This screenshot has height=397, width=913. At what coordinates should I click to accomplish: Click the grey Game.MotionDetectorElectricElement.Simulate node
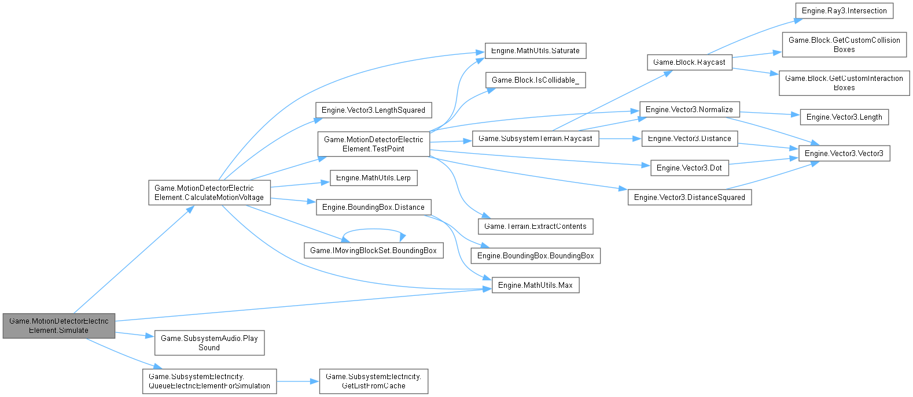[x=59, y=326]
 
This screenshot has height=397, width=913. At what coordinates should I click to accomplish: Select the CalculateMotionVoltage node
[x=209, y=192]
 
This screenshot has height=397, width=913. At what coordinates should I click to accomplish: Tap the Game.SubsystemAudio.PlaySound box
[x=209, y=343]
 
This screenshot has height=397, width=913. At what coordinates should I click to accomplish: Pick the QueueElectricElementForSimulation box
[x=209, y=381]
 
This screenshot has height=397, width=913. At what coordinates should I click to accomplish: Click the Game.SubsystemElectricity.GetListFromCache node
[x=373, y=381]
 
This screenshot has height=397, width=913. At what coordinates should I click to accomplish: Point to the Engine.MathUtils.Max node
[x=535, y=285]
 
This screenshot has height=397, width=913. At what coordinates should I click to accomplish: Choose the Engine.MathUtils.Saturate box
[x=535, y=50]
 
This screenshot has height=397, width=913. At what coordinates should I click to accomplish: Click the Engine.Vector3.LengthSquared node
[x=373, y=110]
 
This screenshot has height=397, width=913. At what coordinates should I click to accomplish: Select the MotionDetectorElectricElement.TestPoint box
[x=373, y=144]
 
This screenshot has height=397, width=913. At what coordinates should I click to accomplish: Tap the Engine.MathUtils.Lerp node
[x=373, y=177]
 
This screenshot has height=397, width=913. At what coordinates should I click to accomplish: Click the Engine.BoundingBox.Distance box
[x=373, y=207]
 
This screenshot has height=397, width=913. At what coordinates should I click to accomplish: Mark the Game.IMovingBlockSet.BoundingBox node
[x=373, y=250]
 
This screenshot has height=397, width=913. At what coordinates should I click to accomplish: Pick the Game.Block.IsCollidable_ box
[x=535, y=80]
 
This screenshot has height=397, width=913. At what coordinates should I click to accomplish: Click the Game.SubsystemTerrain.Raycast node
[x=535, y=138]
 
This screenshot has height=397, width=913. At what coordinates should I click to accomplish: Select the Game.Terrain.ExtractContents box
[x=535, y=226]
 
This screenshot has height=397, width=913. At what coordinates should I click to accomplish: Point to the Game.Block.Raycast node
[x=689, y=62]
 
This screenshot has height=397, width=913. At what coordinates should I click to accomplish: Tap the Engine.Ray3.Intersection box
[x=844, y=10]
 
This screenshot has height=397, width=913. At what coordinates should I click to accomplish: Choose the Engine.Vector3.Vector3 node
[x=844, y=153]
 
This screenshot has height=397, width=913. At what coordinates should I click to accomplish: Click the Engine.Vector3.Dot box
[x=689, y=168]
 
